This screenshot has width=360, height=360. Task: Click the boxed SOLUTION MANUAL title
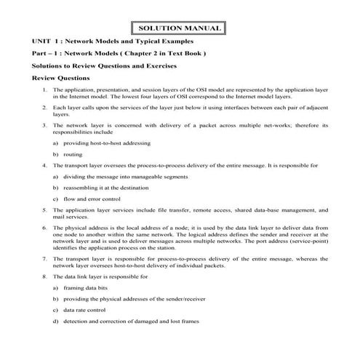coord(179,28)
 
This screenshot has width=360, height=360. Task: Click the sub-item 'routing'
coord(72,155)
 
